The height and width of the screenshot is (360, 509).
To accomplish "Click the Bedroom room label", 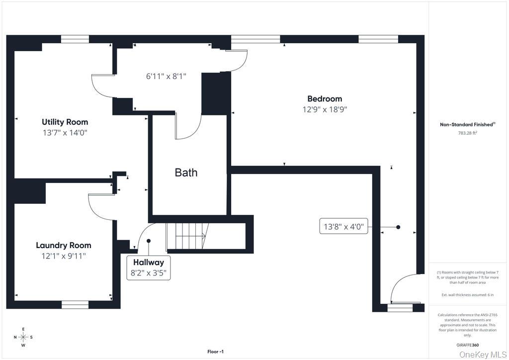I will tap(325, 98).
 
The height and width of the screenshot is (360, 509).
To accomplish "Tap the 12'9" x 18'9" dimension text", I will tap(325, 109).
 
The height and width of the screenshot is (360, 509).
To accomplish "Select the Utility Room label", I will tap(65, 122).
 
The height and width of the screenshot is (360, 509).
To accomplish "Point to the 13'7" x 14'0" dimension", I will tap(65, 133).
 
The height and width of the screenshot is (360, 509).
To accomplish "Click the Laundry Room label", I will tap(64, 245).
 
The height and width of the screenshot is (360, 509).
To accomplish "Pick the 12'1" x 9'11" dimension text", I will tap(64, 256).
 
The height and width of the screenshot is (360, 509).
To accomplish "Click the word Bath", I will tap(186, 173).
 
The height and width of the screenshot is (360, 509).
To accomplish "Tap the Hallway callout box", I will tap(148, 268).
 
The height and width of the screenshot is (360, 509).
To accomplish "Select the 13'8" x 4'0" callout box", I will tap(344, 227).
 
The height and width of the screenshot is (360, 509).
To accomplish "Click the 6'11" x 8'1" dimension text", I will tap(166, 76).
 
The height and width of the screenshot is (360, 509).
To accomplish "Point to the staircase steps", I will tap(186, 236).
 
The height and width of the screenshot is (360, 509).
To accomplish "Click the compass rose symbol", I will tap(23, 337).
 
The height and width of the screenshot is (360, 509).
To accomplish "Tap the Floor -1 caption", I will tap(215, 352).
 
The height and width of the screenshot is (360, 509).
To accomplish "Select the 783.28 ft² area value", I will tap(467, 133).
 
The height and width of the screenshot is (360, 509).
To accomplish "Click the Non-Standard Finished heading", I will tap(467, 125).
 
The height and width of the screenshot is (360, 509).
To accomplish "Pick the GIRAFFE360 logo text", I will tap(468, 345).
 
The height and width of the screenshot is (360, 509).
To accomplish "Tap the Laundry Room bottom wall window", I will tap(75, 304).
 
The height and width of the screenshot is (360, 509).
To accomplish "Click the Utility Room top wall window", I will tap(75, 39).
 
